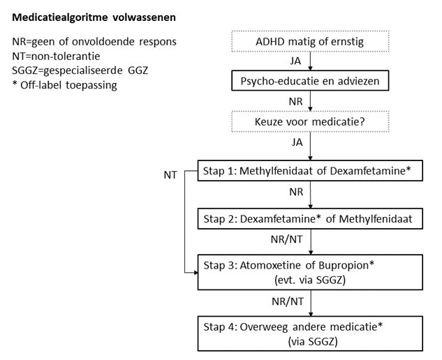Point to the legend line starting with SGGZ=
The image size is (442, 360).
(x=85, y=70)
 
